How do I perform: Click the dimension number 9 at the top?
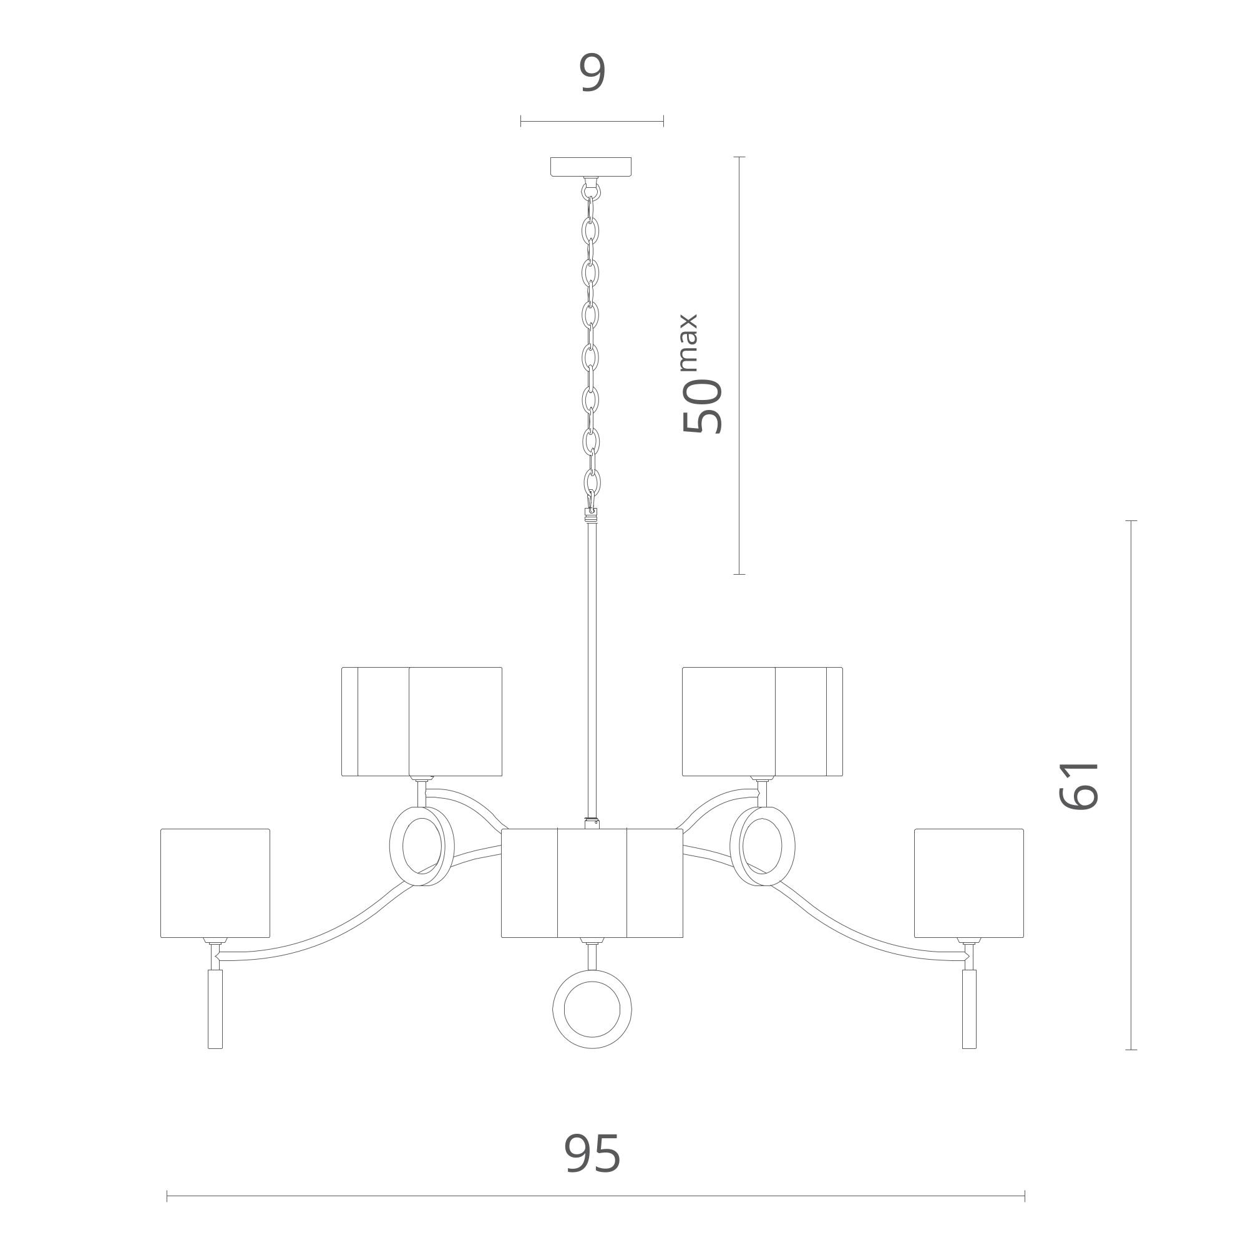(592, 72)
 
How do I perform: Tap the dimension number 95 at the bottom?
(592, 1153)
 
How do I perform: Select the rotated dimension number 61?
(1079, 785)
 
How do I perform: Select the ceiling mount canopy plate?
(590, 166)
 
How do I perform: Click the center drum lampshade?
(592, 883)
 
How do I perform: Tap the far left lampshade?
(215, 883)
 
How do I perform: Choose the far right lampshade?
(969, 883)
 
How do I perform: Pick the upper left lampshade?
(422, 721)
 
